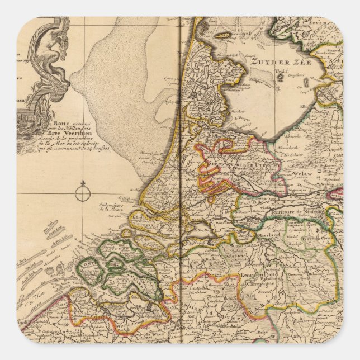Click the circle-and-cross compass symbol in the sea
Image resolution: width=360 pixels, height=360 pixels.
[82, 194]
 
